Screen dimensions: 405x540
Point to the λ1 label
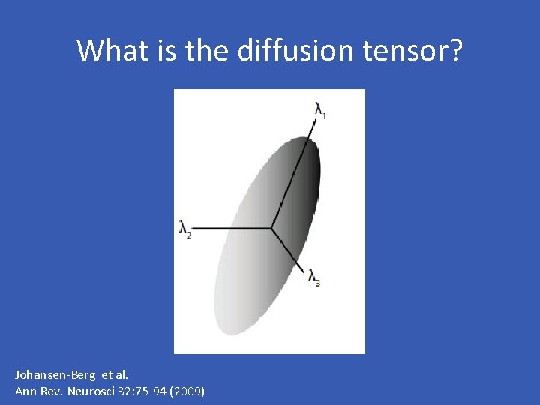pos(321,111)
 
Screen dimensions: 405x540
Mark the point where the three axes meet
pos(271,226)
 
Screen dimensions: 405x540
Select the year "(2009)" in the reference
pos(187,391)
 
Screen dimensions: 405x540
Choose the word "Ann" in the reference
pos(25,391)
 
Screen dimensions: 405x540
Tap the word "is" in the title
pos(162,50)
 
